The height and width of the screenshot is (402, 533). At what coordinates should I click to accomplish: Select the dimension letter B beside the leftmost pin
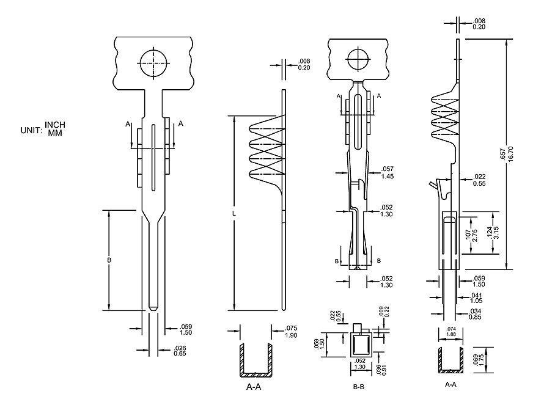(109, 260)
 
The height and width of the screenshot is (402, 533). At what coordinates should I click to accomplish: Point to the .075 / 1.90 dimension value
(291, 331)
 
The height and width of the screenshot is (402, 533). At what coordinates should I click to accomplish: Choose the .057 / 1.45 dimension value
(387, 172)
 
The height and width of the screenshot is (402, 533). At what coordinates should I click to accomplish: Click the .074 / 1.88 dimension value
(450, 331)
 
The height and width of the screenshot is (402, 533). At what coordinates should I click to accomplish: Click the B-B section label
(359, 387)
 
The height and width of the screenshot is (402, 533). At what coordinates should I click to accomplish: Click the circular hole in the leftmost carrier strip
(153, 62)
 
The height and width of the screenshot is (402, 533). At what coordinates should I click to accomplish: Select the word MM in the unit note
(56, 133)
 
